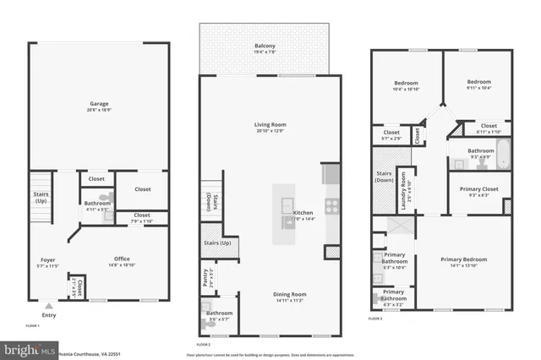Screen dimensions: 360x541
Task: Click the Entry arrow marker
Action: [49, 305]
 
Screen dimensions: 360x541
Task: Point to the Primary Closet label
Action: [478, 191]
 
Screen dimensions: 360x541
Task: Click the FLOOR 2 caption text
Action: [204, 345]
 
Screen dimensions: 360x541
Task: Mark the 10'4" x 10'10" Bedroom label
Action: [401, 85]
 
